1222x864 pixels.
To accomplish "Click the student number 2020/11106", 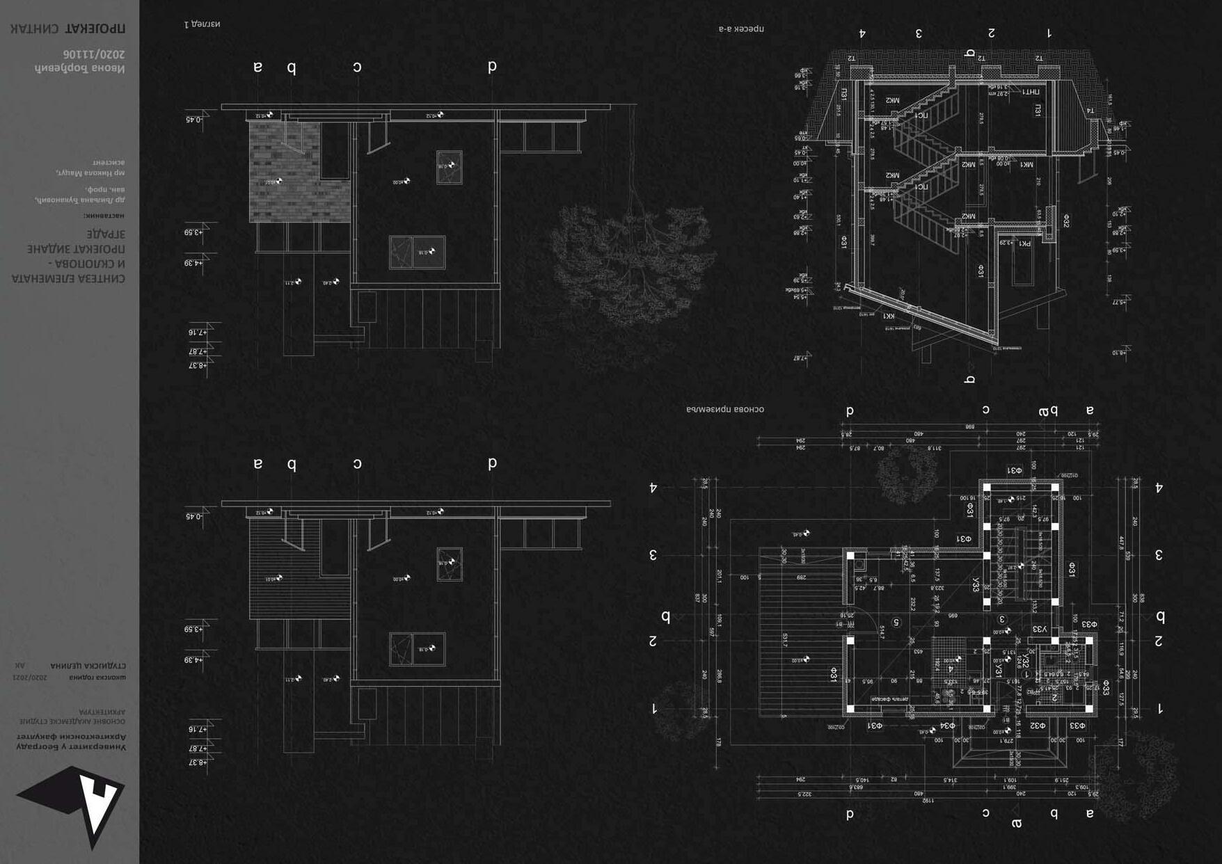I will click(93, 54).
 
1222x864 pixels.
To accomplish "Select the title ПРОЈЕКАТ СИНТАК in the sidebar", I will click(68, 29).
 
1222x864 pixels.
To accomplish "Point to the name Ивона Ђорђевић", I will click(80, 68).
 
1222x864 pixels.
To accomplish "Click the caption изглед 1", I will click(202, 24).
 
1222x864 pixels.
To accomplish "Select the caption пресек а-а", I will click(741, 29).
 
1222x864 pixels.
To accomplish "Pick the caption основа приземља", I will click(725, 409).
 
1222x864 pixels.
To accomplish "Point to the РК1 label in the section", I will click(1025, 243).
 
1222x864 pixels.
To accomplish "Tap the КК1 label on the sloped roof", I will click(889, 316).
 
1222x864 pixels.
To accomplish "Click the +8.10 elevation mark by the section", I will click(1119, 353).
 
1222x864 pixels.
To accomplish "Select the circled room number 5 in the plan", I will click(896, 623).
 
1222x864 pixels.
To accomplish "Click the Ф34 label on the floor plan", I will click(947, 726).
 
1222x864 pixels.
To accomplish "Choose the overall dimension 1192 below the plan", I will click(928, 801).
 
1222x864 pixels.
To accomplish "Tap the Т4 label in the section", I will click(1090, 111).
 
